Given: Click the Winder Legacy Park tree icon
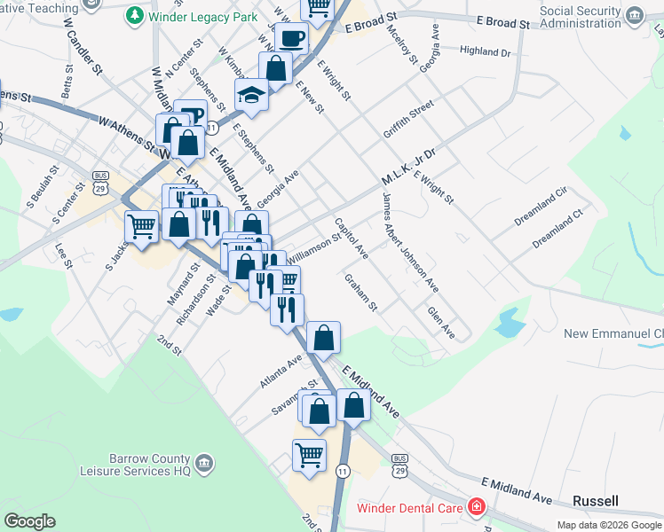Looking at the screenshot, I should (134, 15).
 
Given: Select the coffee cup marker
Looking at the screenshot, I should (290, 38).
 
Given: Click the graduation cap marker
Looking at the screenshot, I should (251, 95).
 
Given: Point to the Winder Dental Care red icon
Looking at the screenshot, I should (477, 507).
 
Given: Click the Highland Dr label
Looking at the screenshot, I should (486, 52).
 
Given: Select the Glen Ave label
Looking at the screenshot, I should (441, 322).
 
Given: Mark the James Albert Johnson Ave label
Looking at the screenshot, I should (409, 246).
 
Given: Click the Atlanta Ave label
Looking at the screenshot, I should (281, 371).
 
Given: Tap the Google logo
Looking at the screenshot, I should (29, 520).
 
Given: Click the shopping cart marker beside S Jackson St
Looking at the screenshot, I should (140, 227).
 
